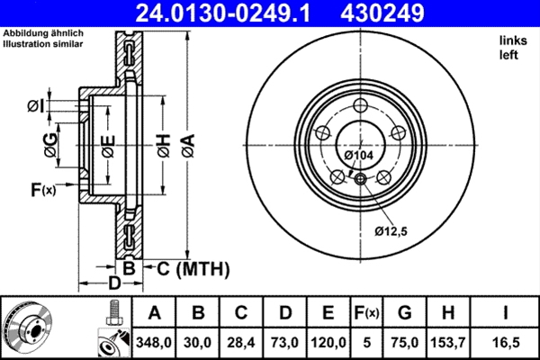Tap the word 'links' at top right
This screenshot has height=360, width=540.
click(511, 41)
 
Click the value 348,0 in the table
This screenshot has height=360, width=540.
click(154, 342)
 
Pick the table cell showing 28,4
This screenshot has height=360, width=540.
click(240, 342)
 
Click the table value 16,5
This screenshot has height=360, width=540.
click(508, 342)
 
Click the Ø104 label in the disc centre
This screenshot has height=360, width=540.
click(359, 156)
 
